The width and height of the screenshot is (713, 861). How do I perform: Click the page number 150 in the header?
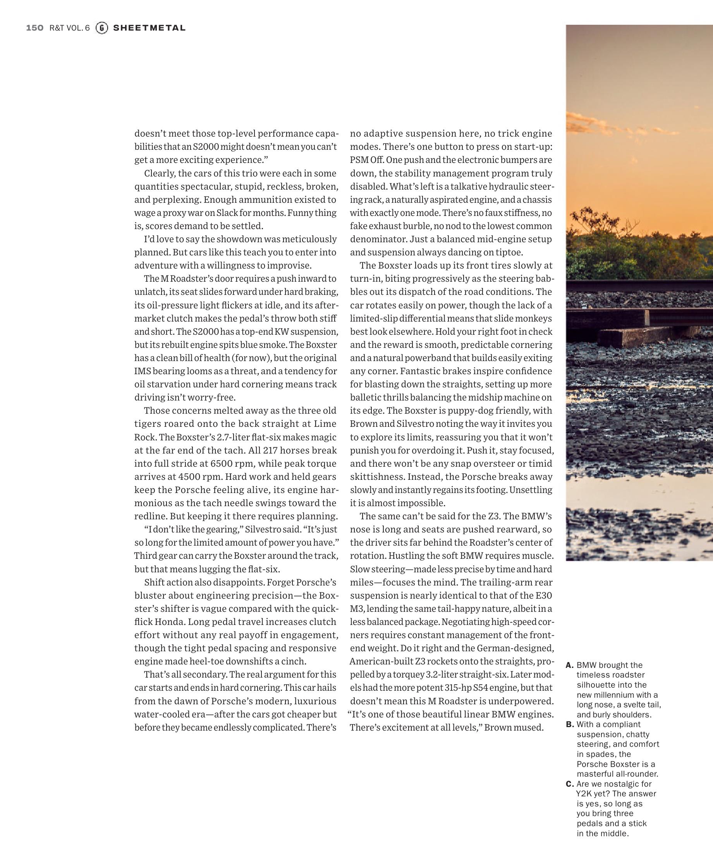click(34, 28)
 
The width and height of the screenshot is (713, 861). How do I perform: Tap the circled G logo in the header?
click(101, 28)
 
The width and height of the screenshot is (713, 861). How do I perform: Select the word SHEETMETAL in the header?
click(149, 28)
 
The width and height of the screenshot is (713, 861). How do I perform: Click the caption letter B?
click(569, 724)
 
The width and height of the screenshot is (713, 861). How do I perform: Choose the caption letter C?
click(569, 784)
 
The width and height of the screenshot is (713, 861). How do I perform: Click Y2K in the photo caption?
click(583, 794)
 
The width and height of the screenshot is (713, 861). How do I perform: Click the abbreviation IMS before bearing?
click(143, 371)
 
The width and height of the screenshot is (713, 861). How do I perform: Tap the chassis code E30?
click(544, 595)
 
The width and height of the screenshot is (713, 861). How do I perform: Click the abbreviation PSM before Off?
click(359, 160)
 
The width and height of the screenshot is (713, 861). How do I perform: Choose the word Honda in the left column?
click(169, 621)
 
